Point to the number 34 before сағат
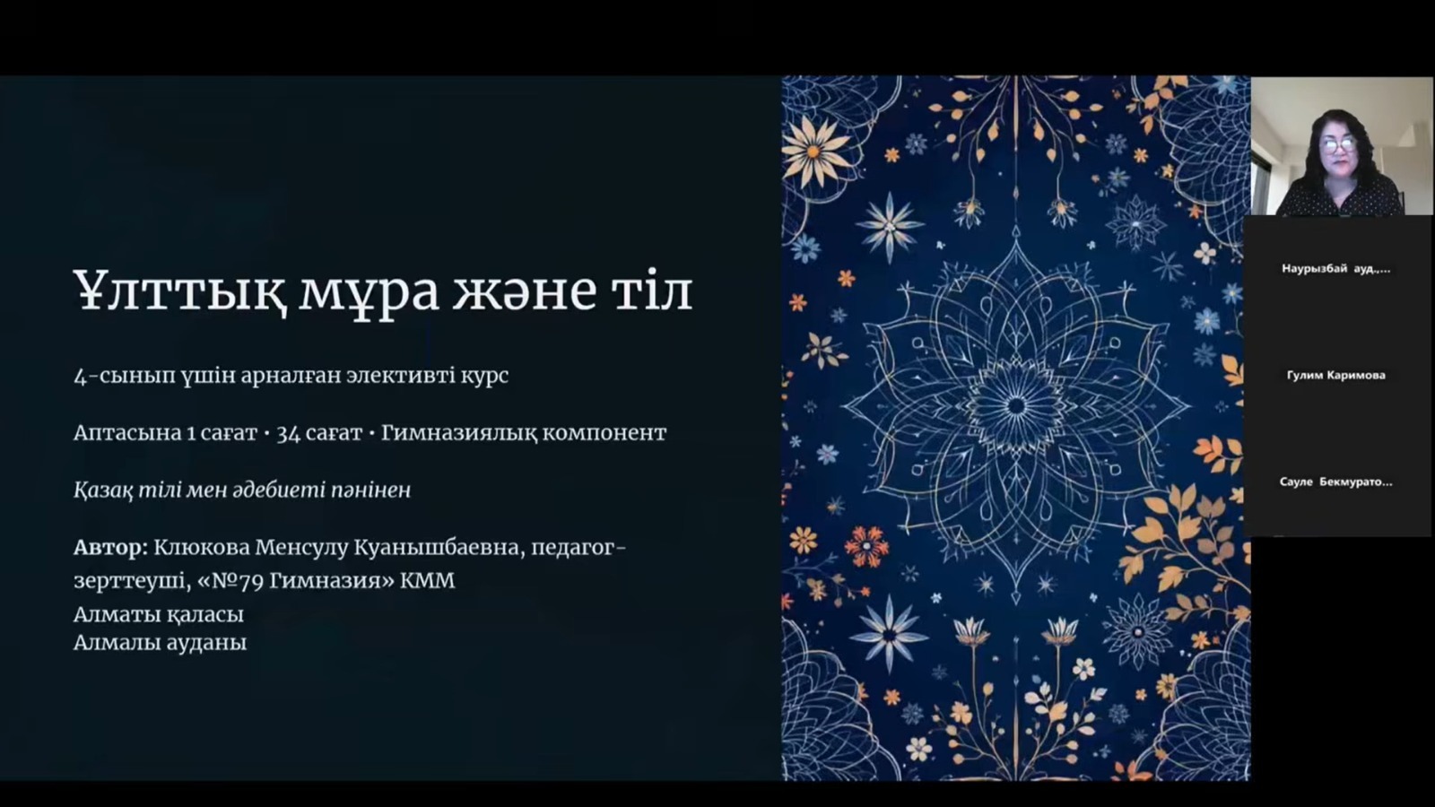click(288, 433)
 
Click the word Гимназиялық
click(459, 433)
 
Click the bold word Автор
click(109, 547)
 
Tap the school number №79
click(230, 580)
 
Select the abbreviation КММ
click(427, 580)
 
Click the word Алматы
click(115, 615)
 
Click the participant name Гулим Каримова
click(1335, 376)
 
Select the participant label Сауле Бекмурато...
click(1335, 482)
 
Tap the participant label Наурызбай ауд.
click(1335, 269)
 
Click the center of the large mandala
click(1015, 406)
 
